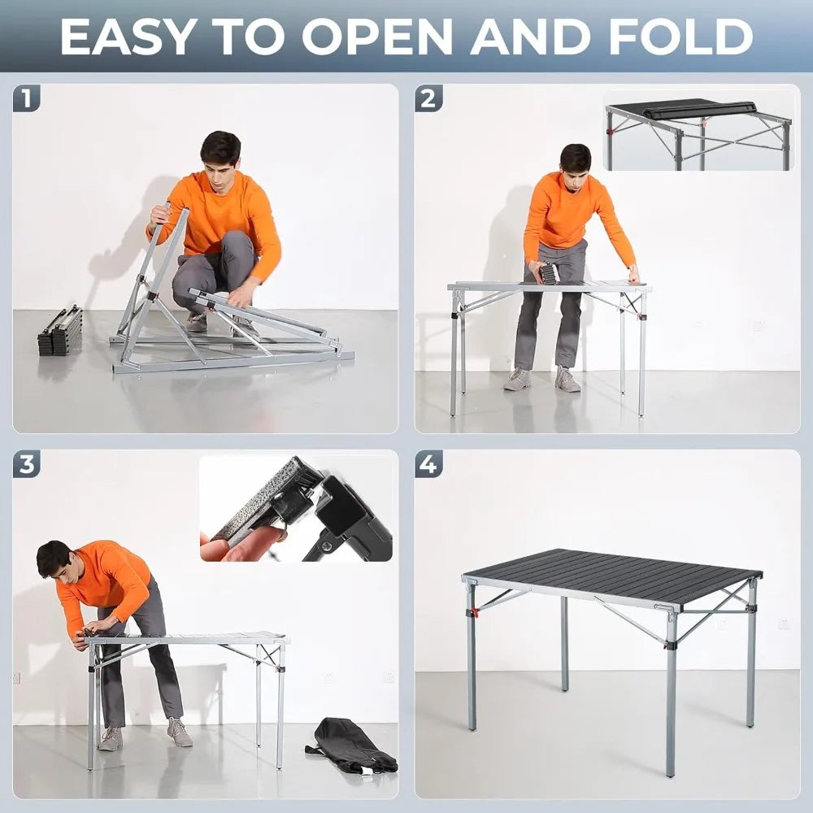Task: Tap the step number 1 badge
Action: point(26,99)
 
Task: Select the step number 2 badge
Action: point(428,99)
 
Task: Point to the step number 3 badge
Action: point(26,465)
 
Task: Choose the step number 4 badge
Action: point(428,465)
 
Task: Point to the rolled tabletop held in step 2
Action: point(550,274)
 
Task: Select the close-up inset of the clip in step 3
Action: point(297,508)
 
